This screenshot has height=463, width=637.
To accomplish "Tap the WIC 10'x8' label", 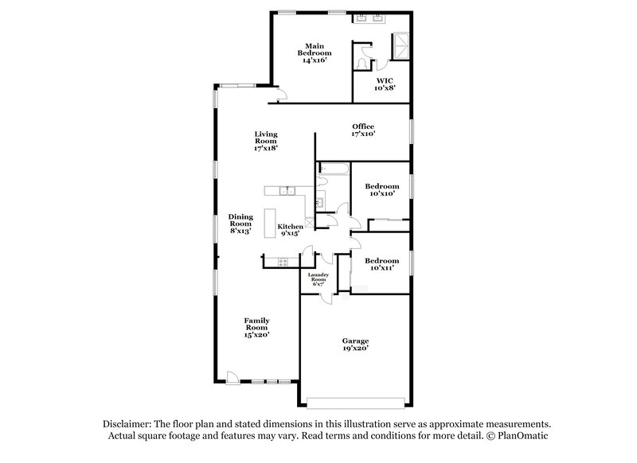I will click(x=385, y=84).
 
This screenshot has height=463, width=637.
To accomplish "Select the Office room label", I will click(x=363, y=130).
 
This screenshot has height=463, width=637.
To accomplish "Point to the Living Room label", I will click(x=266, y=141).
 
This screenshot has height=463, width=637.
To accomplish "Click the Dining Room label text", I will click(x=240, y=224).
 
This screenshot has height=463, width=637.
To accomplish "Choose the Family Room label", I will click(x=256, y=328).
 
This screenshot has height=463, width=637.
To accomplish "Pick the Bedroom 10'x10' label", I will click(x=381, y=190).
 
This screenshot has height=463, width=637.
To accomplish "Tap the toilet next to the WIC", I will click(x=363, y=61).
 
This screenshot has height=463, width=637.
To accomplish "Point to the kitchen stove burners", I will click(x=279, y=262).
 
